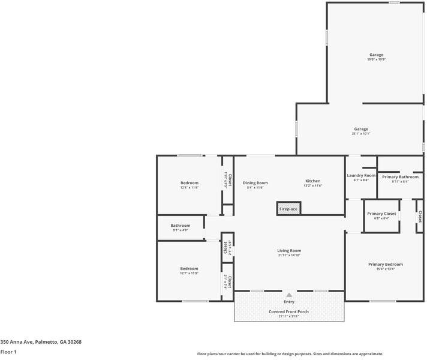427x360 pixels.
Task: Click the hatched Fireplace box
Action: click(x=288, y=208)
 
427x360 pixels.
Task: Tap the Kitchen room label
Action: click(x=313, y=181)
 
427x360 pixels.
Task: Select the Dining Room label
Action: click(x=255, y=182)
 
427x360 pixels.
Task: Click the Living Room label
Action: click(x=289, y=250)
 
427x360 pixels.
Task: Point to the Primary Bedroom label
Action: click(x=386, y=264)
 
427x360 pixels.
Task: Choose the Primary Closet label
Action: click(x=382, y=214)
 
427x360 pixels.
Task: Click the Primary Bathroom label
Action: click(x=400, y=177)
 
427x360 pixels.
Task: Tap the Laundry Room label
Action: click(x=361, y=175)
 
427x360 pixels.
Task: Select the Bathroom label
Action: click(x=181, y=225)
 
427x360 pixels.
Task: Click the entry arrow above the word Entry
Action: click(x=289, y=295)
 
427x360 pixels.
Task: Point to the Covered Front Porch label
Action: click(x=289, y=311)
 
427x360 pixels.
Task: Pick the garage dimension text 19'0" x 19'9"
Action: click(x=376, y=59)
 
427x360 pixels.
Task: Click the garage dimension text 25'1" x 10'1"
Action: click(x=361, y=134)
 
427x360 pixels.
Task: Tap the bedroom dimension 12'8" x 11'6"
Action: click(x=190, y=188)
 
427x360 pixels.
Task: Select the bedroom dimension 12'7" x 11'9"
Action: click(x=190, y=273)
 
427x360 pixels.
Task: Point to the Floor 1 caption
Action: click(x=8, y=352)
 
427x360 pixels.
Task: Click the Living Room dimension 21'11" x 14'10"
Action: click(x=289, y=256)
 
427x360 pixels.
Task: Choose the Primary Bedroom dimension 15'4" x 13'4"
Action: click(x=386, y=269)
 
